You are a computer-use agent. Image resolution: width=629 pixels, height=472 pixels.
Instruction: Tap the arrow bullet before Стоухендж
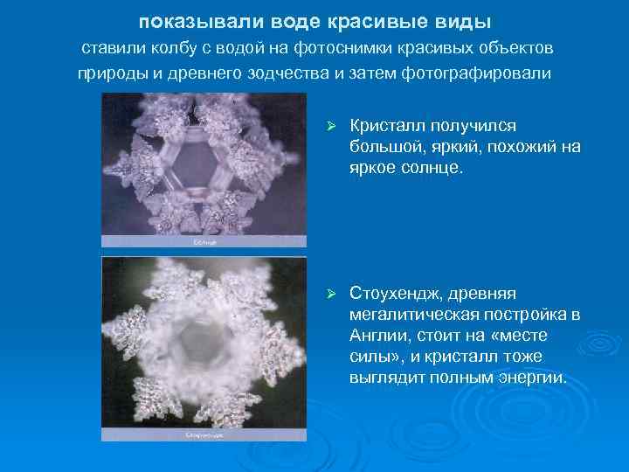coord(330,291)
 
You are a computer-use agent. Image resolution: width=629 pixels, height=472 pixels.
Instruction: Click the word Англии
coord(376,335)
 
